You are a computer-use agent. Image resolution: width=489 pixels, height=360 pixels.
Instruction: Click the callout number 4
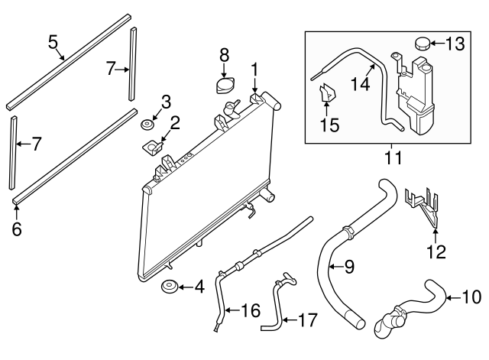(x=199, y=288)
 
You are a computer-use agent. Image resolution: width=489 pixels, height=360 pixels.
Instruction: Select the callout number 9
(x=348, y=267)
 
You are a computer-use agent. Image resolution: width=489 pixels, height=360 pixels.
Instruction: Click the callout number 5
(x=53, y=41)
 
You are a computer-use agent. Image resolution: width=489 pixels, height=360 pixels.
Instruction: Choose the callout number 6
(x=16, y=228)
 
